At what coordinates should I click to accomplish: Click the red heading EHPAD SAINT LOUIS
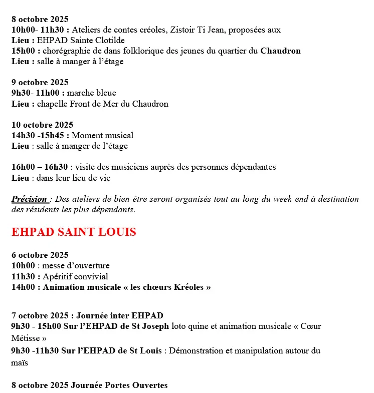74,233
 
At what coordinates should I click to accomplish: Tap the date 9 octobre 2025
40,83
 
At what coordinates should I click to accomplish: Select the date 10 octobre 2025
42,125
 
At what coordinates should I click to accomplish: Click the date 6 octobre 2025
40,255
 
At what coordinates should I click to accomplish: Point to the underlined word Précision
30,199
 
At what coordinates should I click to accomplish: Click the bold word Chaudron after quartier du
280,51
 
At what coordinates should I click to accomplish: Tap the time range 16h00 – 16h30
40,167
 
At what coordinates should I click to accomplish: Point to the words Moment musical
103,136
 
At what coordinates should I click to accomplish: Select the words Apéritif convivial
75,277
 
